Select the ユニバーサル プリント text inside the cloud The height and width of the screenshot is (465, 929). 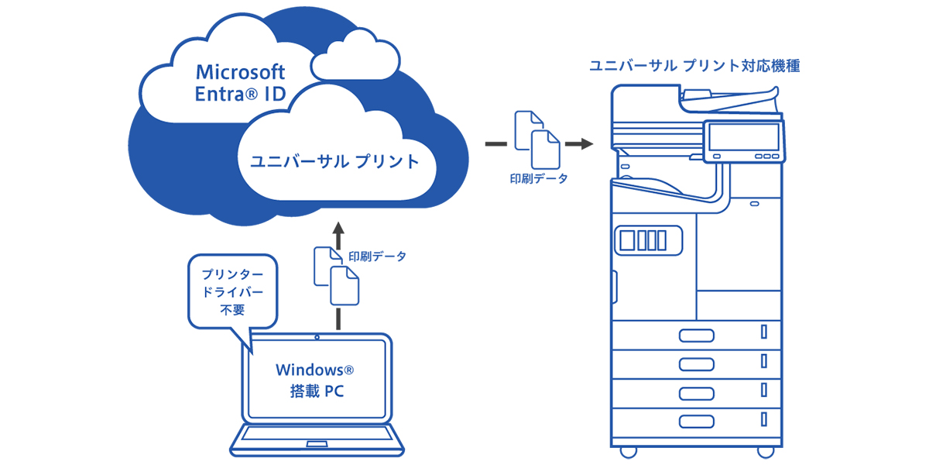334,162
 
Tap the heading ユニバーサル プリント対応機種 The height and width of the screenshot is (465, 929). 694,67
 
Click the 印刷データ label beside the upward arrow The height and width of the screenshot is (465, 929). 377,256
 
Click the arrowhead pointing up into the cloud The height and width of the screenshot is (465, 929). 338,229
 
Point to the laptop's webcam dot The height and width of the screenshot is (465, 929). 318,339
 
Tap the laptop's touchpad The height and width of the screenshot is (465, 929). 317,445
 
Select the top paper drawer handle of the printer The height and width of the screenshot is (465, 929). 694,335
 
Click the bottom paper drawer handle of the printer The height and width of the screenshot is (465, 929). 694,421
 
